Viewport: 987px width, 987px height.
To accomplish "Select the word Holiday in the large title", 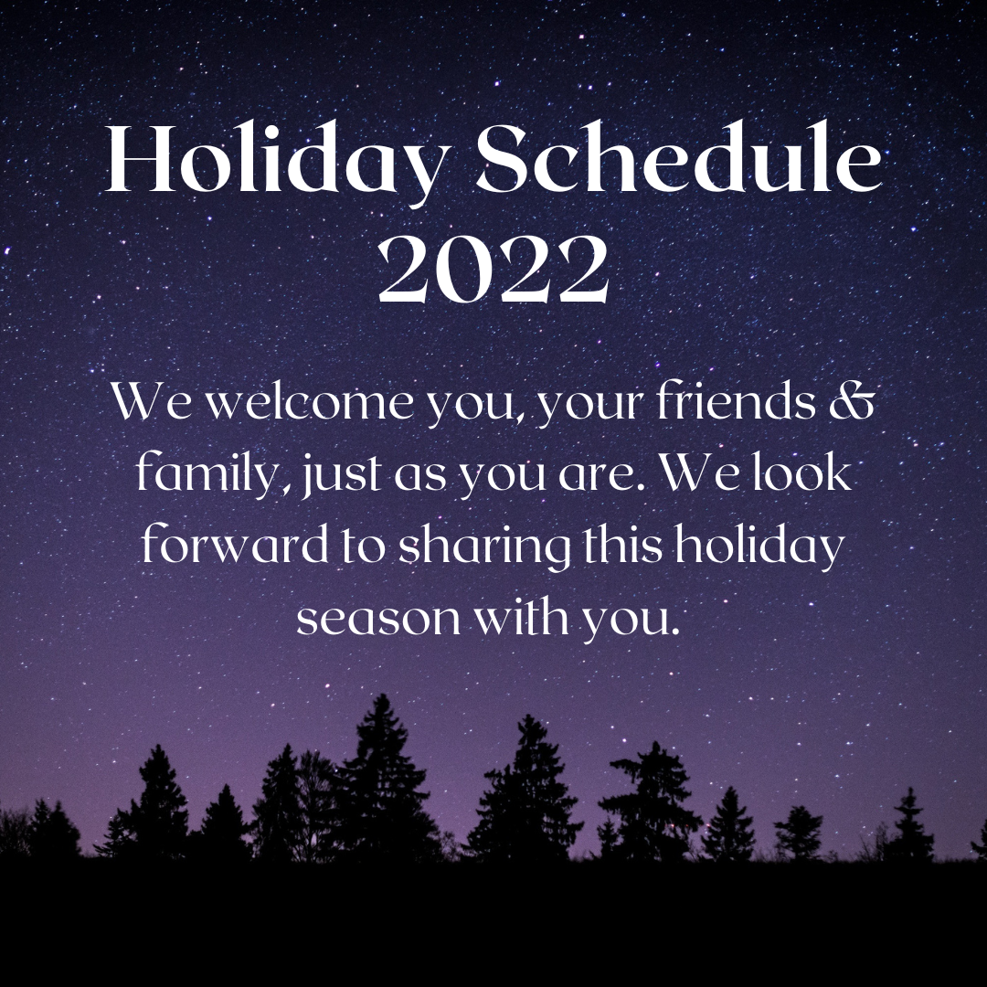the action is coord(278,164).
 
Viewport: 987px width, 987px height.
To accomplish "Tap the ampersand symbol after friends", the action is coord(852,401).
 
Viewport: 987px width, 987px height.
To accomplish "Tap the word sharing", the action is coord(484,547).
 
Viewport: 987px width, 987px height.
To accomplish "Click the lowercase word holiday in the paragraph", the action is coord(759,547).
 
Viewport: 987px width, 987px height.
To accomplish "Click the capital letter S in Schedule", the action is coord(501,158).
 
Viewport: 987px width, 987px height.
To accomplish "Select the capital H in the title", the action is coord(137,158).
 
